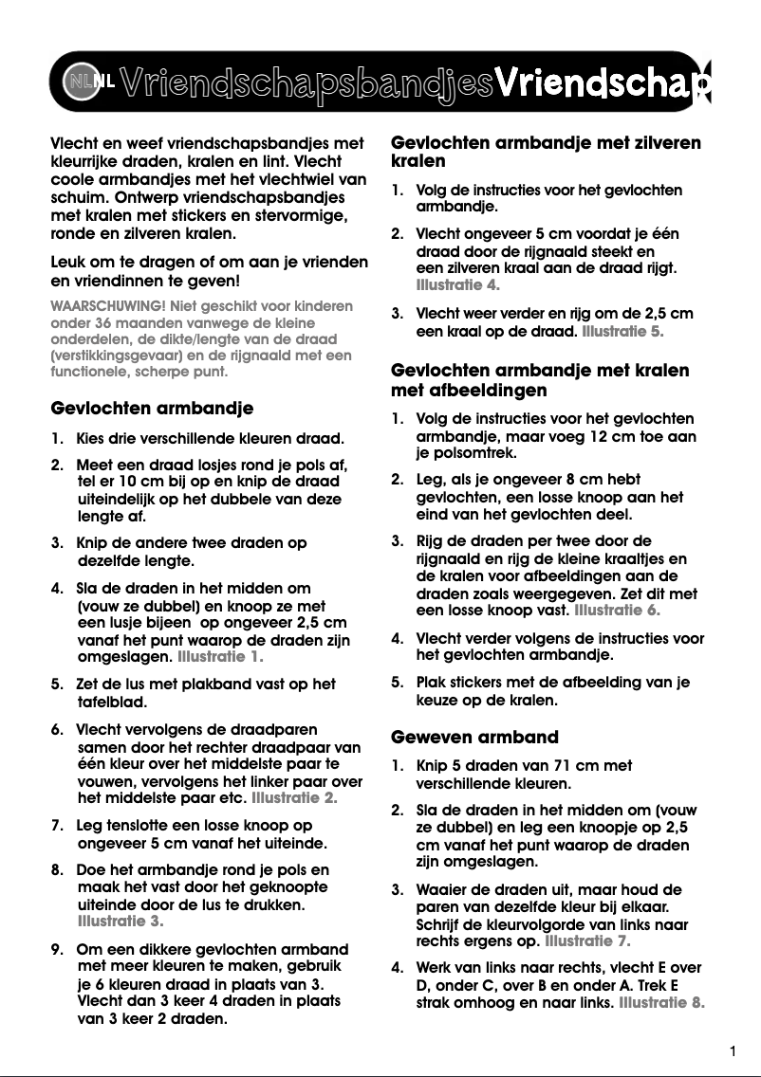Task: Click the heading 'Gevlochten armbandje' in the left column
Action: [x=152, y=410]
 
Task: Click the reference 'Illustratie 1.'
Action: [x=220, y=656]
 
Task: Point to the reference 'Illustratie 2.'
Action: [x=294, y=798]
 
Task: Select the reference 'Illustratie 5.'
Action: [x=622, y=332]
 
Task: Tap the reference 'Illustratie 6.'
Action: [x=617, y=610]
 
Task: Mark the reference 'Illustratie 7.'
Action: [x=587, y=941]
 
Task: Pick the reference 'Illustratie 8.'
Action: [x=661, y=1002]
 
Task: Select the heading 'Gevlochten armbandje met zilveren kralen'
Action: [x=546, y=152]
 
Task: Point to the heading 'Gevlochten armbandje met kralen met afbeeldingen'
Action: [x=540, y=379]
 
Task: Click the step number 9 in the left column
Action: [x=56, y=949]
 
